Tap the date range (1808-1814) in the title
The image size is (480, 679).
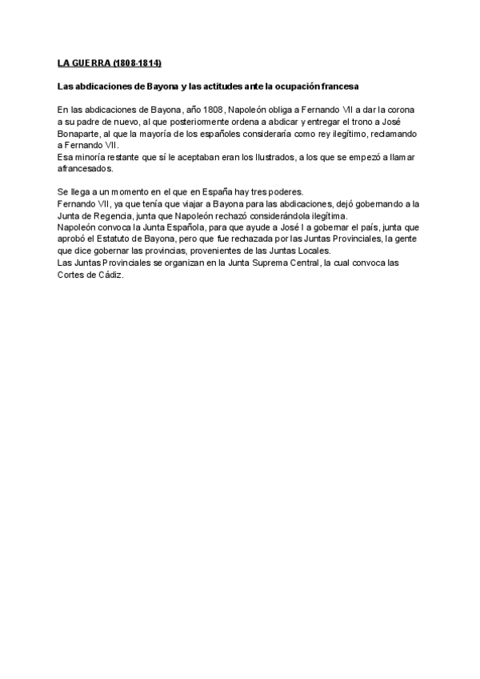[x=138, y=62]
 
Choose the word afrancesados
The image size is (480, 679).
[x=86, y=169]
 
